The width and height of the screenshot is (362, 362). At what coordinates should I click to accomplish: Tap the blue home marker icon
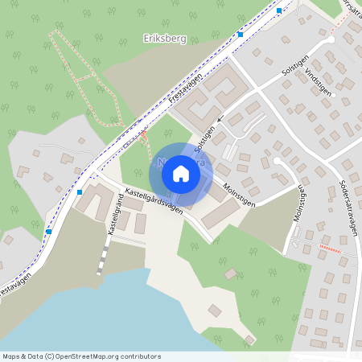(x=180, y=173)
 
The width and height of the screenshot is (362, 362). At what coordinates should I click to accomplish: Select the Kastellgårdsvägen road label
(x=153, y=200)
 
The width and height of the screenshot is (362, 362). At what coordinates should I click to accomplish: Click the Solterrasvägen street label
(x=348, y=206)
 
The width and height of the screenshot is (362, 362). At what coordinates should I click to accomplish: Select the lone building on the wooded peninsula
(x=214, y=311)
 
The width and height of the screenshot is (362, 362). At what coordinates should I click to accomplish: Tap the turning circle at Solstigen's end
(x=331, y=39)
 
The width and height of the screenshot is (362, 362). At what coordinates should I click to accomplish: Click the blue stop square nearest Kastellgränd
(x=79, y=192)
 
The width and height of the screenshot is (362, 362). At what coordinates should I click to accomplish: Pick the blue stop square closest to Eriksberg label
(x=240, y=35)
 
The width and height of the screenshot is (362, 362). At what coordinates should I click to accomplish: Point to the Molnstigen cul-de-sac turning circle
(x=278, y=160)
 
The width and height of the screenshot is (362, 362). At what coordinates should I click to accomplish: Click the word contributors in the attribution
(x=138, y=356)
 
